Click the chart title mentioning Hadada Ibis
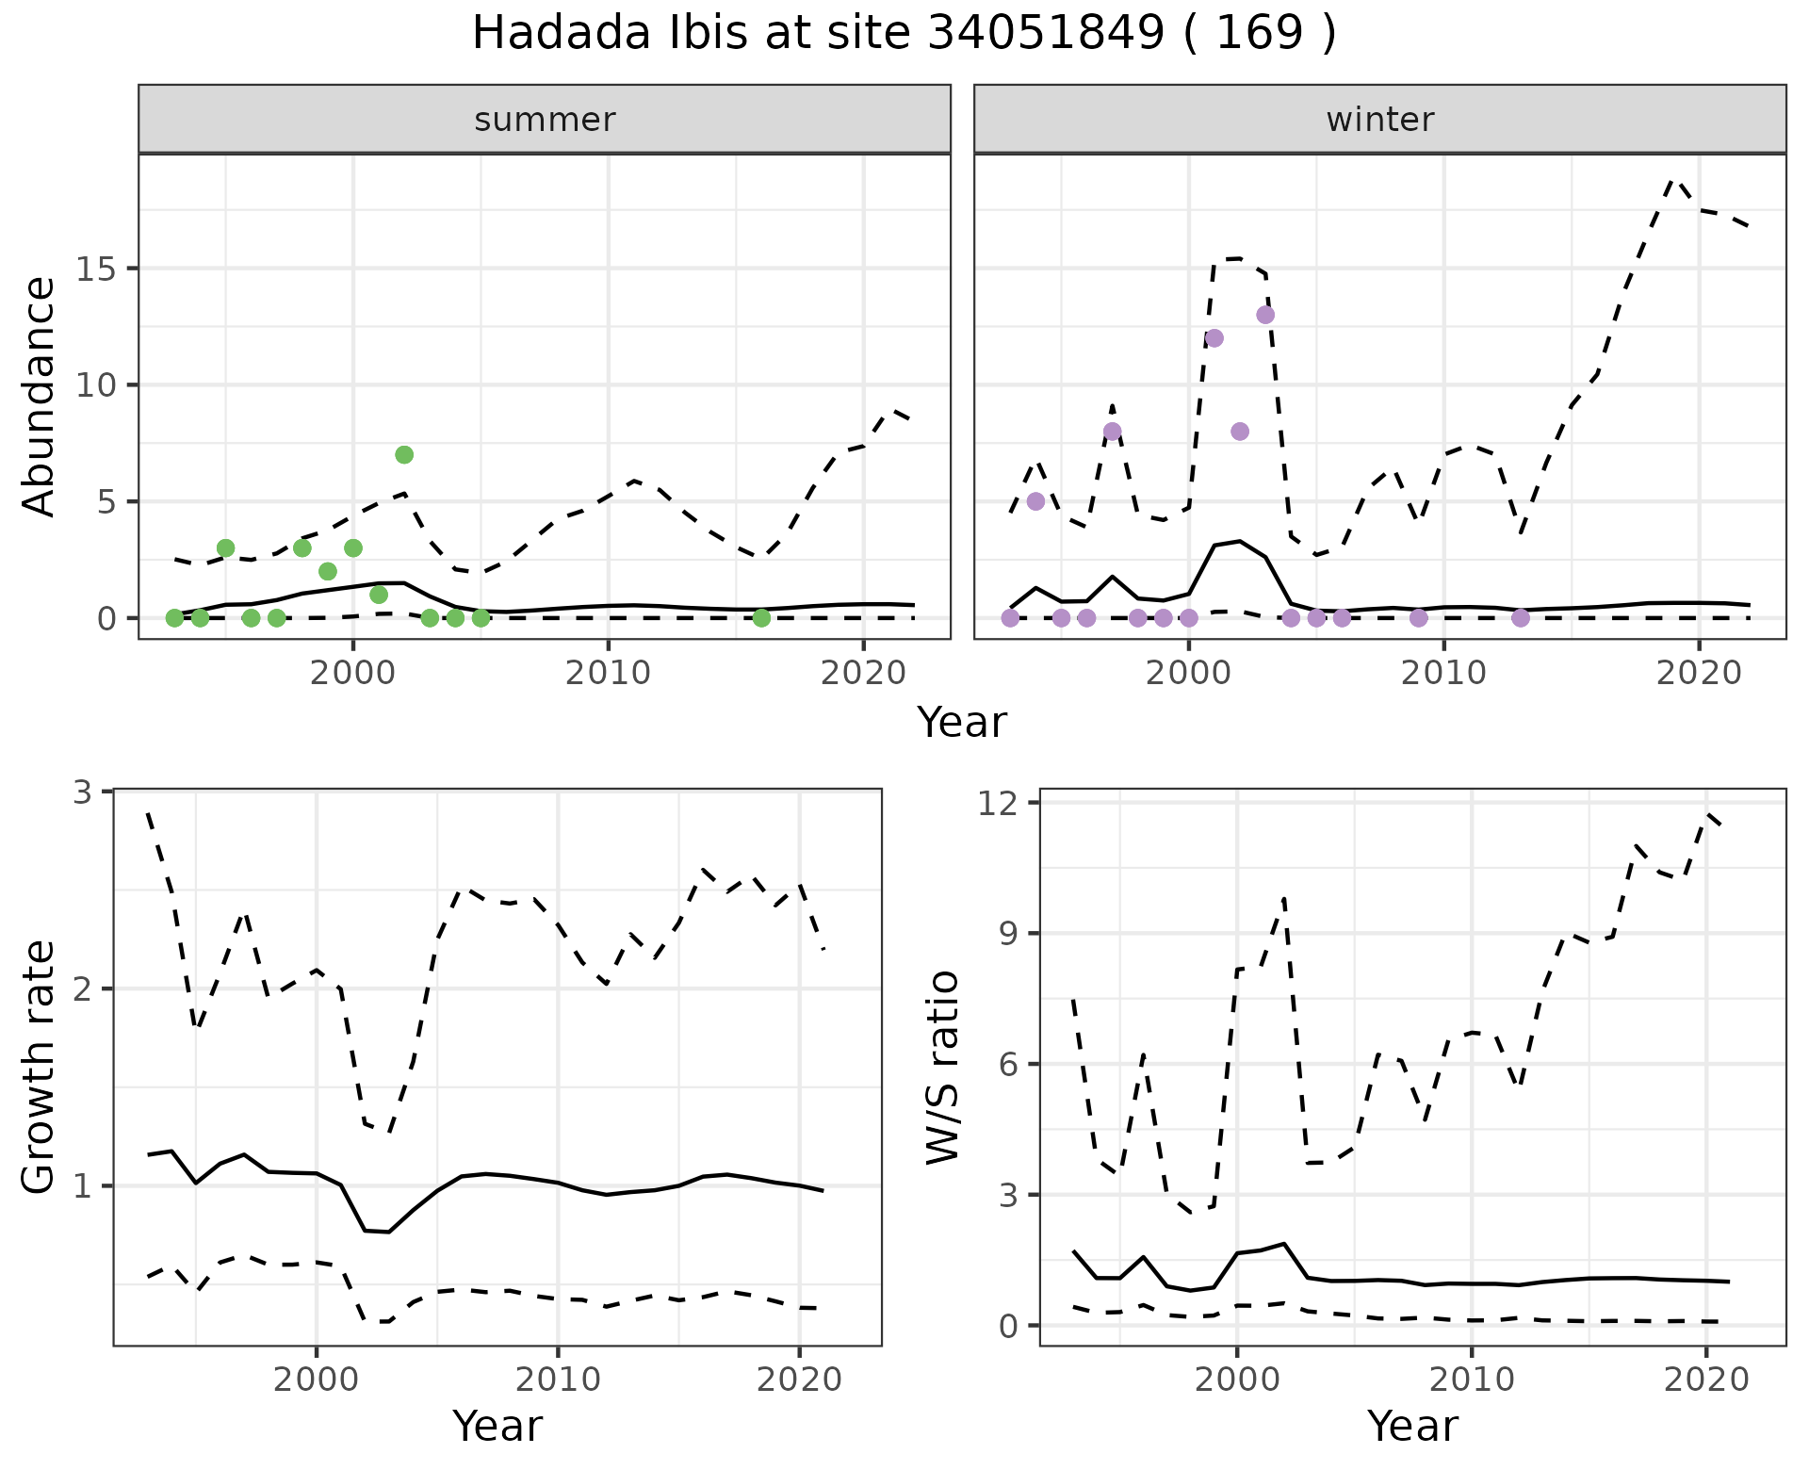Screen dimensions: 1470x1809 (x=904, y=34)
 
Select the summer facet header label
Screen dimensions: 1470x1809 (x=545, y=120)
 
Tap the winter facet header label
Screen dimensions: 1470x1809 (x=1379, y=120)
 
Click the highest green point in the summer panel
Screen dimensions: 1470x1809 (x=404, y=455)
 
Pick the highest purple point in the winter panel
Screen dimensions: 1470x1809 (x=1265, y=315)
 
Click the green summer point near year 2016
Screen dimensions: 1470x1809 (x=761, y=618)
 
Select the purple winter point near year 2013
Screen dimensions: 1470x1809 (x=1521, y=618)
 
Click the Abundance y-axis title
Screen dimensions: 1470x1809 (x=40, y=396)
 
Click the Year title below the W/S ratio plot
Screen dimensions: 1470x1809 (x=1412, y=1426)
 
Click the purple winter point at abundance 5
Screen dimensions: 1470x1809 (x=1035, y=501)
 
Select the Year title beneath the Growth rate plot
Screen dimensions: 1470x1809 (x=497, y=1426)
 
